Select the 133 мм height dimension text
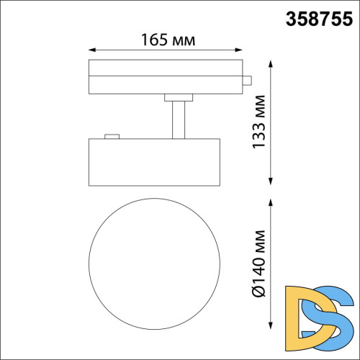tap(259, 122)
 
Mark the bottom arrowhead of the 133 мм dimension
tap(271, 181)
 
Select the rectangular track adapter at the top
tap(166, 77)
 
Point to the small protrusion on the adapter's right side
tap(247, 81)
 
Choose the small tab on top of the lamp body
tap(111, 135)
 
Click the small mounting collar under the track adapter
tap(179, 96)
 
